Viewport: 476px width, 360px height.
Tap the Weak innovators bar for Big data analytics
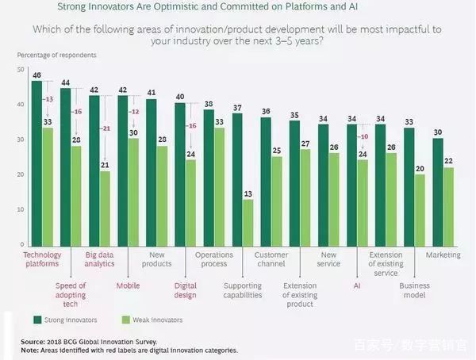(x=105, y=207)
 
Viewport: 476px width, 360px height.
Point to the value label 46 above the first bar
(x=36, y=75)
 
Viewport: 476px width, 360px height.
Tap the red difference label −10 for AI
(x=363, y=136)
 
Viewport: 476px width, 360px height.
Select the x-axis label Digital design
(x=186, y=289)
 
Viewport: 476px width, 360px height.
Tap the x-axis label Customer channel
(x=271, y=260)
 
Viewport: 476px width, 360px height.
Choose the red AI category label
(x=358, y=284)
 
